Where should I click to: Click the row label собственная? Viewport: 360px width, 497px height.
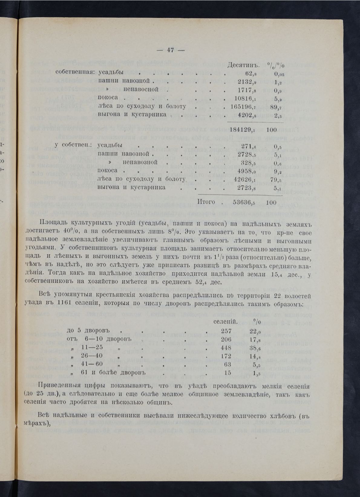coord(75,73)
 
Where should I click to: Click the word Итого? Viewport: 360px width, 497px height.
coord(206,202)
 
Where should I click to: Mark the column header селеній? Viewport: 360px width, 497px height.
coord(225,322)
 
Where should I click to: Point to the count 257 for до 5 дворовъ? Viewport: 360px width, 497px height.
coord(226,331)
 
